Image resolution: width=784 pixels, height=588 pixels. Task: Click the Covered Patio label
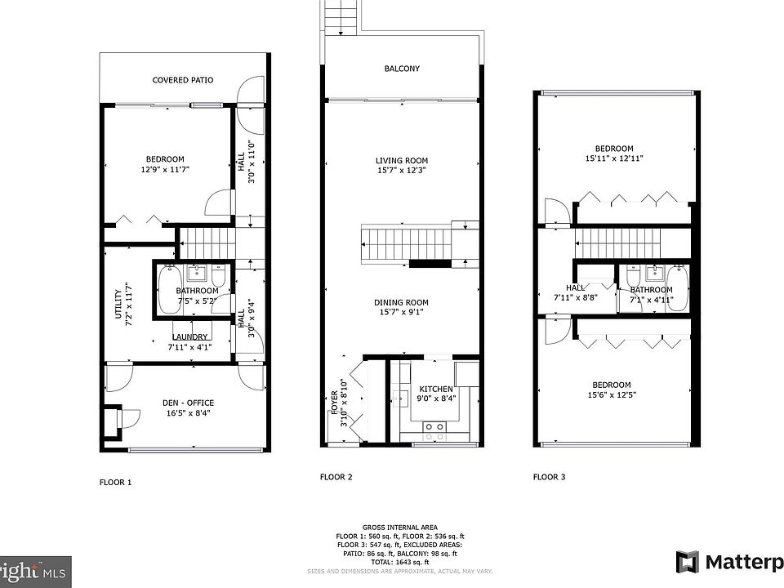coord(183,80)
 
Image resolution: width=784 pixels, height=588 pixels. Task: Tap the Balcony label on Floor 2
coord(402,69)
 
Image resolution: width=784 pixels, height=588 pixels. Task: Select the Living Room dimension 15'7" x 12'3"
coord(402,171)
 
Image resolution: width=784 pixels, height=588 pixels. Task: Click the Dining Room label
coord(402,301)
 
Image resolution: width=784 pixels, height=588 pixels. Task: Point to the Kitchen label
coord(436,389)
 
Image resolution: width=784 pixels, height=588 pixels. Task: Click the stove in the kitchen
coord(434,425)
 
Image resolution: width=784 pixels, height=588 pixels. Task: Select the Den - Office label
coord(188,403)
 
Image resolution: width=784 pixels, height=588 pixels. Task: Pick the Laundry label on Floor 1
coord(190,337)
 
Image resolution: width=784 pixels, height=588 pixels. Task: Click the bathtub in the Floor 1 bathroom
coord(169,291)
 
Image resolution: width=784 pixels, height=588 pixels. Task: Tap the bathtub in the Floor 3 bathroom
coord(679,289)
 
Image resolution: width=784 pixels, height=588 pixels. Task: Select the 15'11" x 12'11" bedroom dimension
coord(614,158)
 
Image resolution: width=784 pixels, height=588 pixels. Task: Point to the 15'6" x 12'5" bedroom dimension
coord(612,395)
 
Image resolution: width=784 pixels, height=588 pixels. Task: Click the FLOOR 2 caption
coord(336,477)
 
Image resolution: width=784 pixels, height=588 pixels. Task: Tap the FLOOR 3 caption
coord(550,477)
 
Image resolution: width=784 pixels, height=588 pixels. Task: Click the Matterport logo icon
coord(688,562)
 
